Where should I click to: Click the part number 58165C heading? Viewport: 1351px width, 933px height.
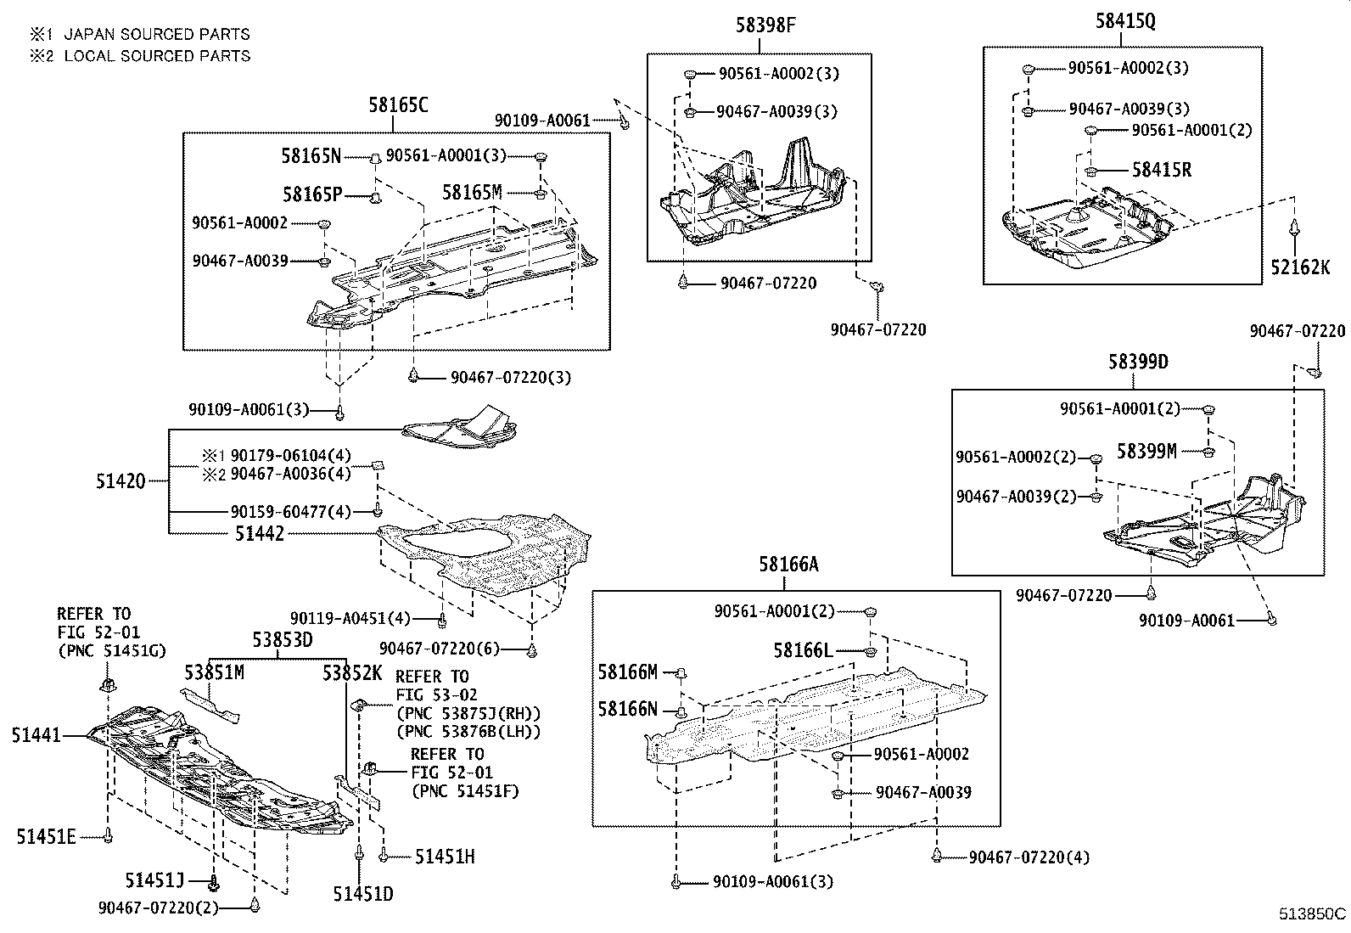pos(398,105)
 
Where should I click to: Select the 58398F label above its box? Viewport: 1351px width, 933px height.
pos(765,25)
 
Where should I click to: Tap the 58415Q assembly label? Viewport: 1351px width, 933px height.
pos(1124,22)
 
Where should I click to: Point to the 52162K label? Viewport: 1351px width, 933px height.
pos(1300,267)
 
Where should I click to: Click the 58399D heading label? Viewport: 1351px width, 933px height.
pos(1138,363)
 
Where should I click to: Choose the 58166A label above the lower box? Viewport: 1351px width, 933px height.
pos(788,564)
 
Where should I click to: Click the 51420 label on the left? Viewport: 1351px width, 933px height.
pos(121,482)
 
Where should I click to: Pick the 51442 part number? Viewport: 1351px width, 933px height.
pos(260,534)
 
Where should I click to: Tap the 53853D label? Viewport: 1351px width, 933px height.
pos(282,640)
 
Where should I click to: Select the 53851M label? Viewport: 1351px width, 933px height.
pos(214,673)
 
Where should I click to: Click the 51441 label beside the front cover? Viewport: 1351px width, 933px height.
pos(36,735)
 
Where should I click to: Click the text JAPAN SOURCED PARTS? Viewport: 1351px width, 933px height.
pos(157,35)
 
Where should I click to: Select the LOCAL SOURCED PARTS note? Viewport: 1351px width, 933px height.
pos(157,56)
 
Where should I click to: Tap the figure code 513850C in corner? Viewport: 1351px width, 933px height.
pos(1313,914)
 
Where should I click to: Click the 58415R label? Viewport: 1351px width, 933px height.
pos(1161,171)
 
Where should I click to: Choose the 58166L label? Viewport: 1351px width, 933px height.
pos(803,651)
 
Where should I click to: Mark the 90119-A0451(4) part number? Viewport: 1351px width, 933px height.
pos(350,619)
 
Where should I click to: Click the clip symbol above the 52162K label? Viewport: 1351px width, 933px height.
pos(1294,230)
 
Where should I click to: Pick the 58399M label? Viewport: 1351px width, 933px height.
pos(1146,452)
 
